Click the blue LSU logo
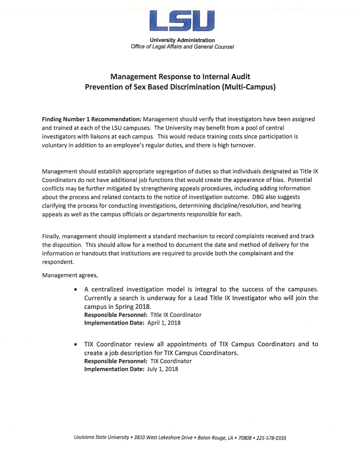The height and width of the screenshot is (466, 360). point(182,21)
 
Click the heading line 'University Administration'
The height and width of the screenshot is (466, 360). point(182,41)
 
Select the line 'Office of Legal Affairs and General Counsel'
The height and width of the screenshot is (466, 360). point(182,47)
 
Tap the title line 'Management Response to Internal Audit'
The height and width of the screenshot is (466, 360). point(180,76)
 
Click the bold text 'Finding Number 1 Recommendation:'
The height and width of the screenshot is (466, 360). point(91,119)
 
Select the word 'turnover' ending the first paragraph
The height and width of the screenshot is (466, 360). point(243,145)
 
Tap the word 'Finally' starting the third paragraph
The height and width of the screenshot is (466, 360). point(50,236)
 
